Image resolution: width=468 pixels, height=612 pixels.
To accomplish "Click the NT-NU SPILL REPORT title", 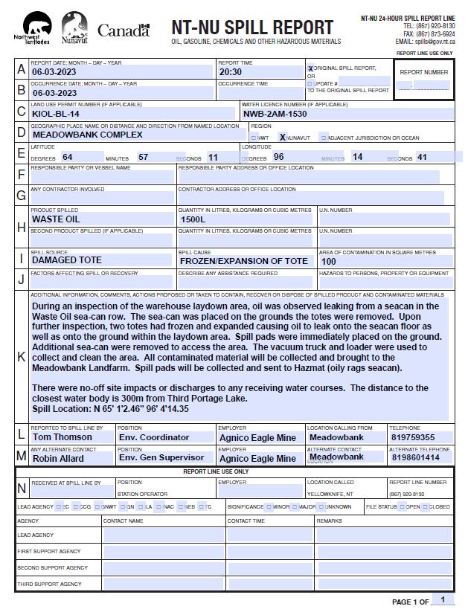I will [x=252, y=28].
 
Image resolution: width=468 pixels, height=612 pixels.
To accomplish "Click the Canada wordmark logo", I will [x=124, y=31].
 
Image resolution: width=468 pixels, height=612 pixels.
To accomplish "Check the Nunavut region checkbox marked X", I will [x=283, y=138].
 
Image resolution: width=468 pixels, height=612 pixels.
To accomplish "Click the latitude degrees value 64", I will [x=68, y=158].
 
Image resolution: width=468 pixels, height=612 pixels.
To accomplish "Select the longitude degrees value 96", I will [x=279, y=158].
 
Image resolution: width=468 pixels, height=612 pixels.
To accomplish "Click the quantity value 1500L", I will [x=193, y=220].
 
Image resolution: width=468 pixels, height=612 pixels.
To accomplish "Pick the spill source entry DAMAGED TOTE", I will [x=67, y=261].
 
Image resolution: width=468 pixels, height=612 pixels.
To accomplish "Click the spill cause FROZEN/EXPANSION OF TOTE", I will [x=243, y=261].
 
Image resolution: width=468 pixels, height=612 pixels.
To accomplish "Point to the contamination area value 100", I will [x=328, y=262].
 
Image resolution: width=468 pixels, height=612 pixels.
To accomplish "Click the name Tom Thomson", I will [x=63, y=438].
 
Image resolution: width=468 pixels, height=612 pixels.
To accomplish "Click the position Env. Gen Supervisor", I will [x=161, y=458].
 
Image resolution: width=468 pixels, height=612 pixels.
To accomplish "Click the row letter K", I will [x=21, y=357].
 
